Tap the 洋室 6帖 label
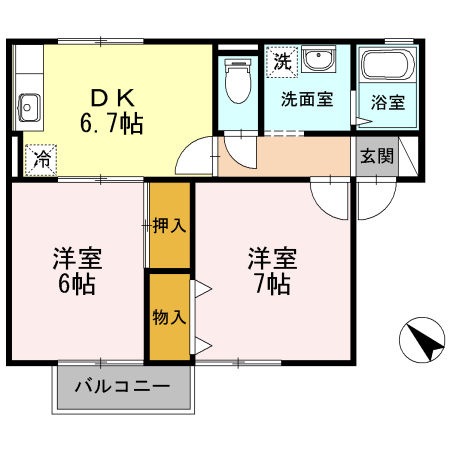75,270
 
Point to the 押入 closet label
169,226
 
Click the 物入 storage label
169,318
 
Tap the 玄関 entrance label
378,156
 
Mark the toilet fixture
237,83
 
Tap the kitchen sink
28,103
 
